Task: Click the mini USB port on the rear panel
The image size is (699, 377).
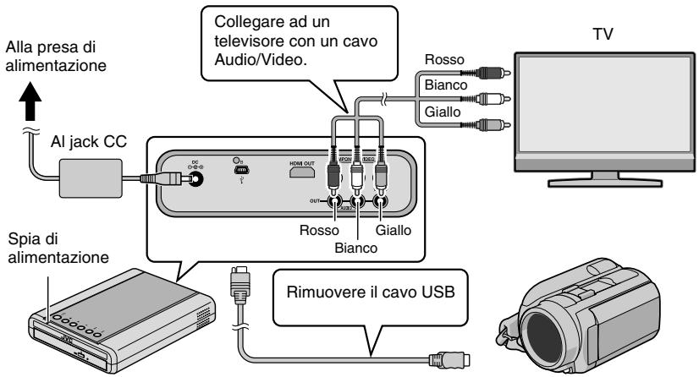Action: tap(239, 169)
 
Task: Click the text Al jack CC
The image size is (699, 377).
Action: tap(86, 140)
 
